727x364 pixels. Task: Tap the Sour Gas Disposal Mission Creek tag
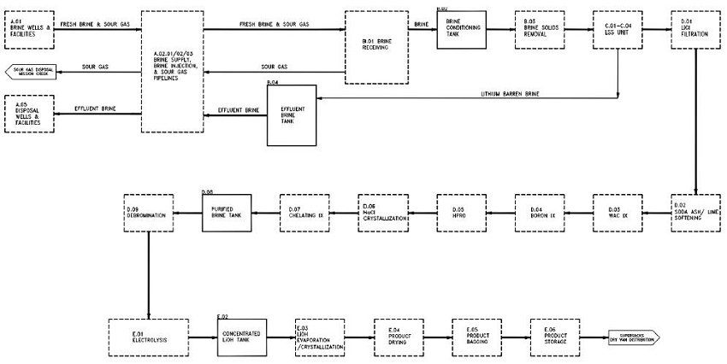[30, 72]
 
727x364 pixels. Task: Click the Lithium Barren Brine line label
[508, 92]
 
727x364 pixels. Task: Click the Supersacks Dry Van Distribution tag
[634, 336]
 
